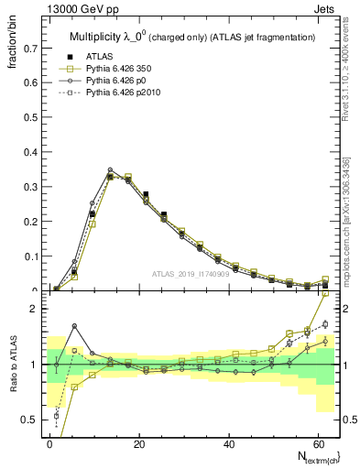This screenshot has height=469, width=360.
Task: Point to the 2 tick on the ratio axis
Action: tap(35, 309)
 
